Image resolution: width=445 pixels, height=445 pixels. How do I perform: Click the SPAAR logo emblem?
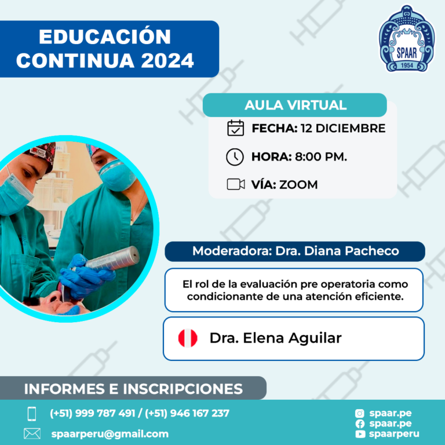click(x=407, y=38)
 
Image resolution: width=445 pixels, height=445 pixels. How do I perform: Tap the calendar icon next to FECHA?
click(x=235, y=128)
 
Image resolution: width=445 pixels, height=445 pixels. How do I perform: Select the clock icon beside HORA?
click(x=235, y=156)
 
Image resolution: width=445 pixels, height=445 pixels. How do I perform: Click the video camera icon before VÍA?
click(x=236, y=184)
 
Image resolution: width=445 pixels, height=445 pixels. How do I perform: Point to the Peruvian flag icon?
click(x=188, y=338)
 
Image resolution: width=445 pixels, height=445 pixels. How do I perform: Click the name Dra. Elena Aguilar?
click(x=275, y=338)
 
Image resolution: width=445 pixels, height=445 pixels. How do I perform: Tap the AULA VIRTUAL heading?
click(x=295, y=105)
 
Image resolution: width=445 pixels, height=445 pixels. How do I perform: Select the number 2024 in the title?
click(x=167, y=60)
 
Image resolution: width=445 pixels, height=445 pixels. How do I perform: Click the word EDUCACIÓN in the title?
click(x=105, y=37)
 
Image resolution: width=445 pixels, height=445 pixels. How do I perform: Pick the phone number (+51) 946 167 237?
click(x=187, y=413)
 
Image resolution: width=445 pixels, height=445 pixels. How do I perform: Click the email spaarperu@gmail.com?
click(x=110, y=434)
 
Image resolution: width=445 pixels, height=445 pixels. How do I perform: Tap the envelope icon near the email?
click(x=32, y=433)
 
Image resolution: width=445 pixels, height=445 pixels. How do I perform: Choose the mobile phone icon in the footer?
click(x=32, y=414)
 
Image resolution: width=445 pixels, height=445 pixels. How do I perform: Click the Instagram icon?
click(x=360, y=414)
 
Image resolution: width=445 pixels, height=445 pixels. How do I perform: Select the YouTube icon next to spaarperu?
click(x=360, y=434)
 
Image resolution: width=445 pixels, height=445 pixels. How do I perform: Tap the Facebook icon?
click(x=360, y=424)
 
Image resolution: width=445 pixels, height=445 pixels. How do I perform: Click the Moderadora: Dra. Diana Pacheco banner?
click(x=295, y=251)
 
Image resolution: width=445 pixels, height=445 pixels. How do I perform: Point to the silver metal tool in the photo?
click(x=111, y=259)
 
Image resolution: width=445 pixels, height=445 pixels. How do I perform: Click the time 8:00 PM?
click(x=320, y=156)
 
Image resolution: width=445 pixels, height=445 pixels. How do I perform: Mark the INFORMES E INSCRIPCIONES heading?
click(x=133, y=389)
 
